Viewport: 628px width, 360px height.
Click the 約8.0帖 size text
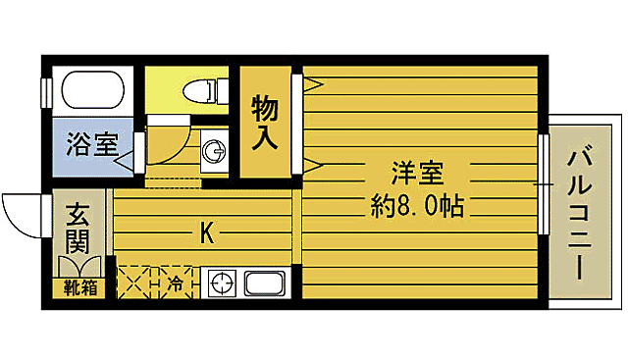click(x=418, y=206)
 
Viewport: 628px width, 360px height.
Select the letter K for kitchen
click(x=207, y=233)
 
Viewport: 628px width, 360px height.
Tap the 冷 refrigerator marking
click(x=176, y=284)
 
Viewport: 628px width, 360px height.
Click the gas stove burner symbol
click(x=221, y=284)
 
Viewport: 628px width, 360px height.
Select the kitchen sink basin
click(x=264, y=285)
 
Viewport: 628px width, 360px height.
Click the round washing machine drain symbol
click(x=213, y=151)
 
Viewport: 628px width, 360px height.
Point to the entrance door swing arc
click(x=20, y=211)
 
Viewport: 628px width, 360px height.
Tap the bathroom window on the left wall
click(x=46, y=91)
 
